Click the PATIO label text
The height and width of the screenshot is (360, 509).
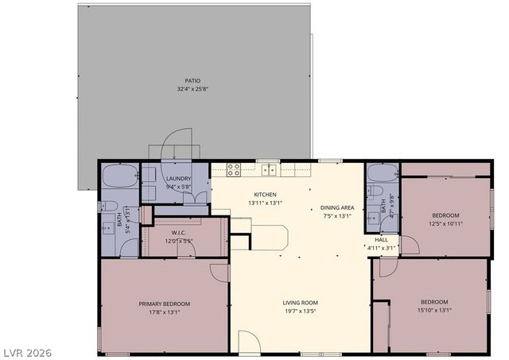[192, 80]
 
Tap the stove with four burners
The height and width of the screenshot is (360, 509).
[234, 169]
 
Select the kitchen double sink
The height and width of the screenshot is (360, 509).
[270, 169]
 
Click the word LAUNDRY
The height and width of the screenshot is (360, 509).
[178, 179]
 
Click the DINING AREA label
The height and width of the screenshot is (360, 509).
[337, 207]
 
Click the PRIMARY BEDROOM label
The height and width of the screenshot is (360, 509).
[165, 304]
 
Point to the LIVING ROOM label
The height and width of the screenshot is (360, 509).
[300, 302]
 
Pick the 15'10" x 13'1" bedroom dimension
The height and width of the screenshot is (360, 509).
[434, 310]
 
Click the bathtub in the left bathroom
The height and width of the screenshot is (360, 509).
[120, 176]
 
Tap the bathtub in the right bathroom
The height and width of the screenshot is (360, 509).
[383, 173]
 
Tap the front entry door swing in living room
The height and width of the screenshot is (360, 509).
[248, 343]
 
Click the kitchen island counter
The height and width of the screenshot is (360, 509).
[269, 237]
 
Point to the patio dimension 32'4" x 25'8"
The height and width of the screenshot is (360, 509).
[192, 89]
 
